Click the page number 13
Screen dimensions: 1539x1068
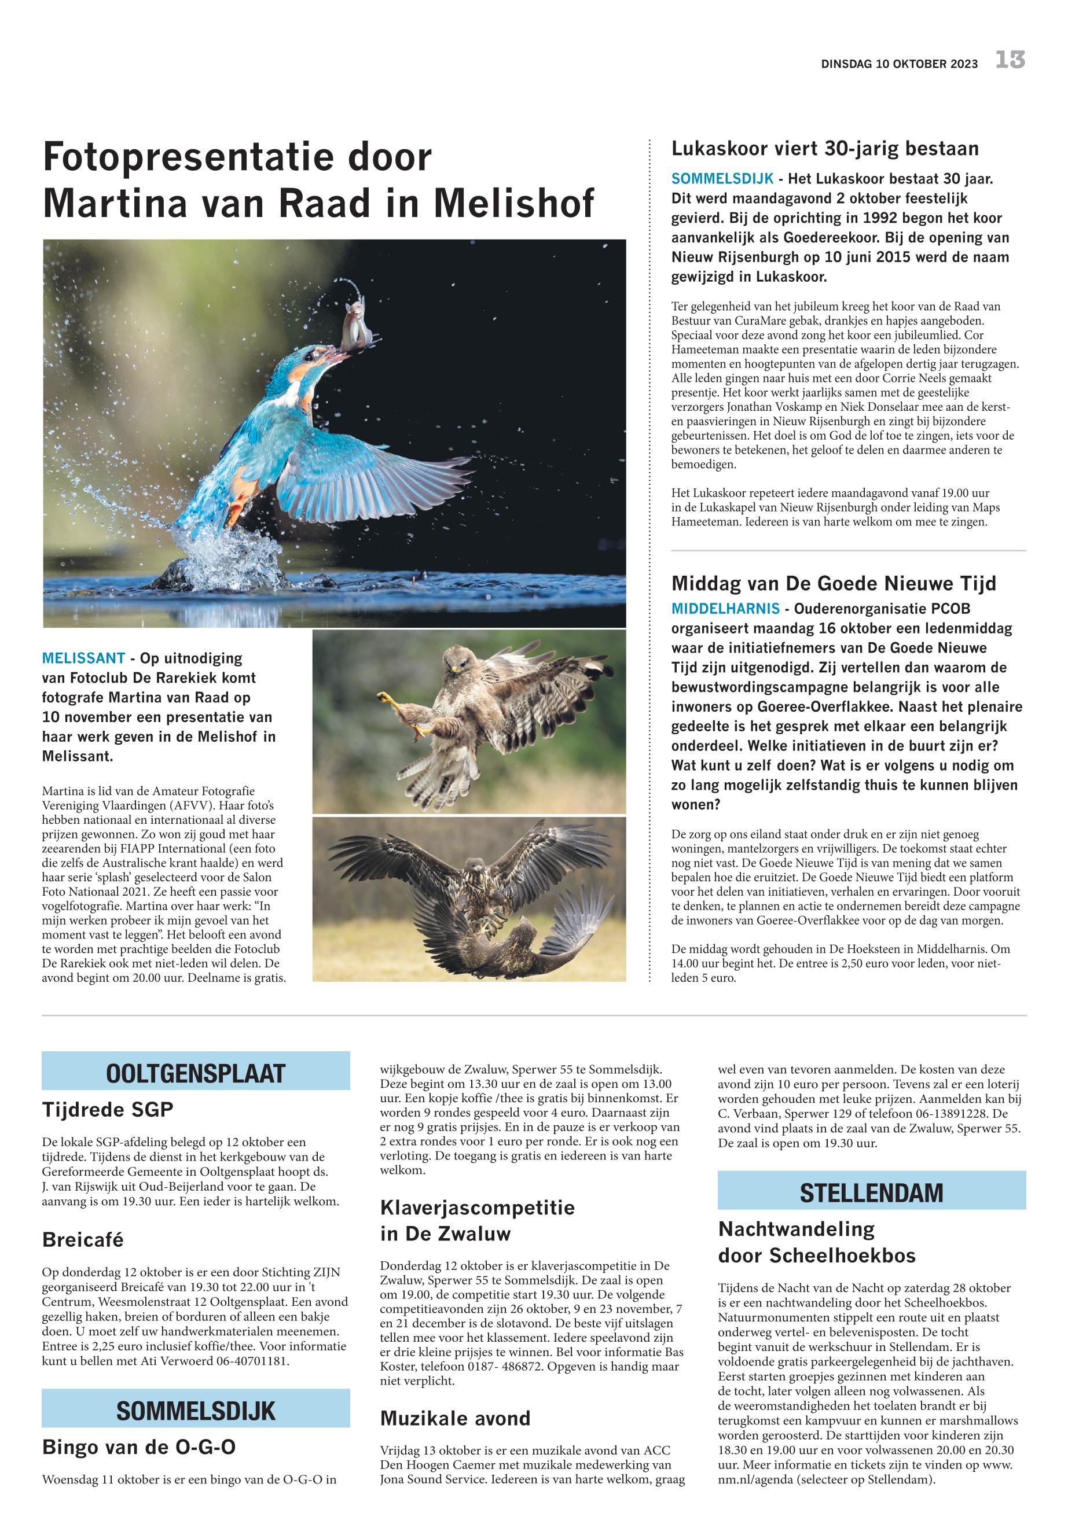[1010, 60]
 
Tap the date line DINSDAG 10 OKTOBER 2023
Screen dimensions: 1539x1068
[900, 64]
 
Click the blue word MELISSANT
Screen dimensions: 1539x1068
[84, 658]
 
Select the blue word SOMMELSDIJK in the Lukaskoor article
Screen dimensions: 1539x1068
[722, 179]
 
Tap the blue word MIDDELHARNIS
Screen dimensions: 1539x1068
[725, 609]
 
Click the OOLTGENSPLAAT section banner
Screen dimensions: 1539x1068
[196, 1073]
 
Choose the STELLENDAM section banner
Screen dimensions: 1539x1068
[871, 1192]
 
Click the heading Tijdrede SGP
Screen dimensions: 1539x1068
[108, 1110]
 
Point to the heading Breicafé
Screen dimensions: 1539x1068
[83, 1240]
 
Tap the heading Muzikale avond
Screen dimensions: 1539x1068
[455, 1419]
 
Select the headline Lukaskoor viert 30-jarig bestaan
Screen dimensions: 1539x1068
[824, 149]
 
